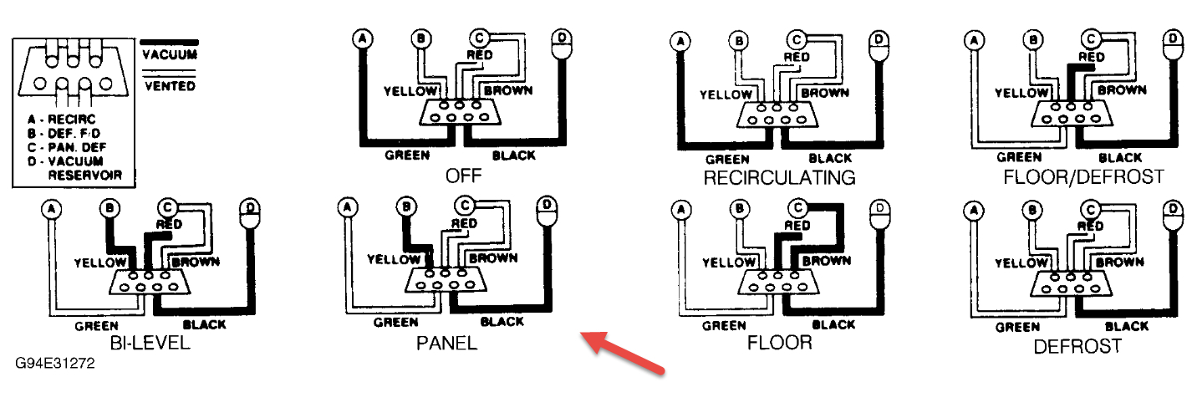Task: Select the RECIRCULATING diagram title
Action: click(779, 177)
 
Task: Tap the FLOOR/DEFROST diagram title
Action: click(1083, 177)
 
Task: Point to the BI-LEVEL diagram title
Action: click(150, 344)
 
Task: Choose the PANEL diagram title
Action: click(446, 344)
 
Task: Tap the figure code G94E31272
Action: click(54, 364)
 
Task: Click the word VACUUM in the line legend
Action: click(169, 55)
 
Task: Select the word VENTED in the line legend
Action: click(169, 85)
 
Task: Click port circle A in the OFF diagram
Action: click(362, 38)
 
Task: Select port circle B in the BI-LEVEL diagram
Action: click(109, 206)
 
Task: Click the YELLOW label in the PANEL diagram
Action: click(394, 259)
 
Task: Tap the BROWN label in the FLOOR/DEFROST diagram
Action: click(1121, 89)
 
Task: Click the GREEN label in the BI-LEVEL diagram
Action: click(96, 325)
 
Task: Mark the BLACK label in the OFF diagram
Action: click(513, 155)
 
